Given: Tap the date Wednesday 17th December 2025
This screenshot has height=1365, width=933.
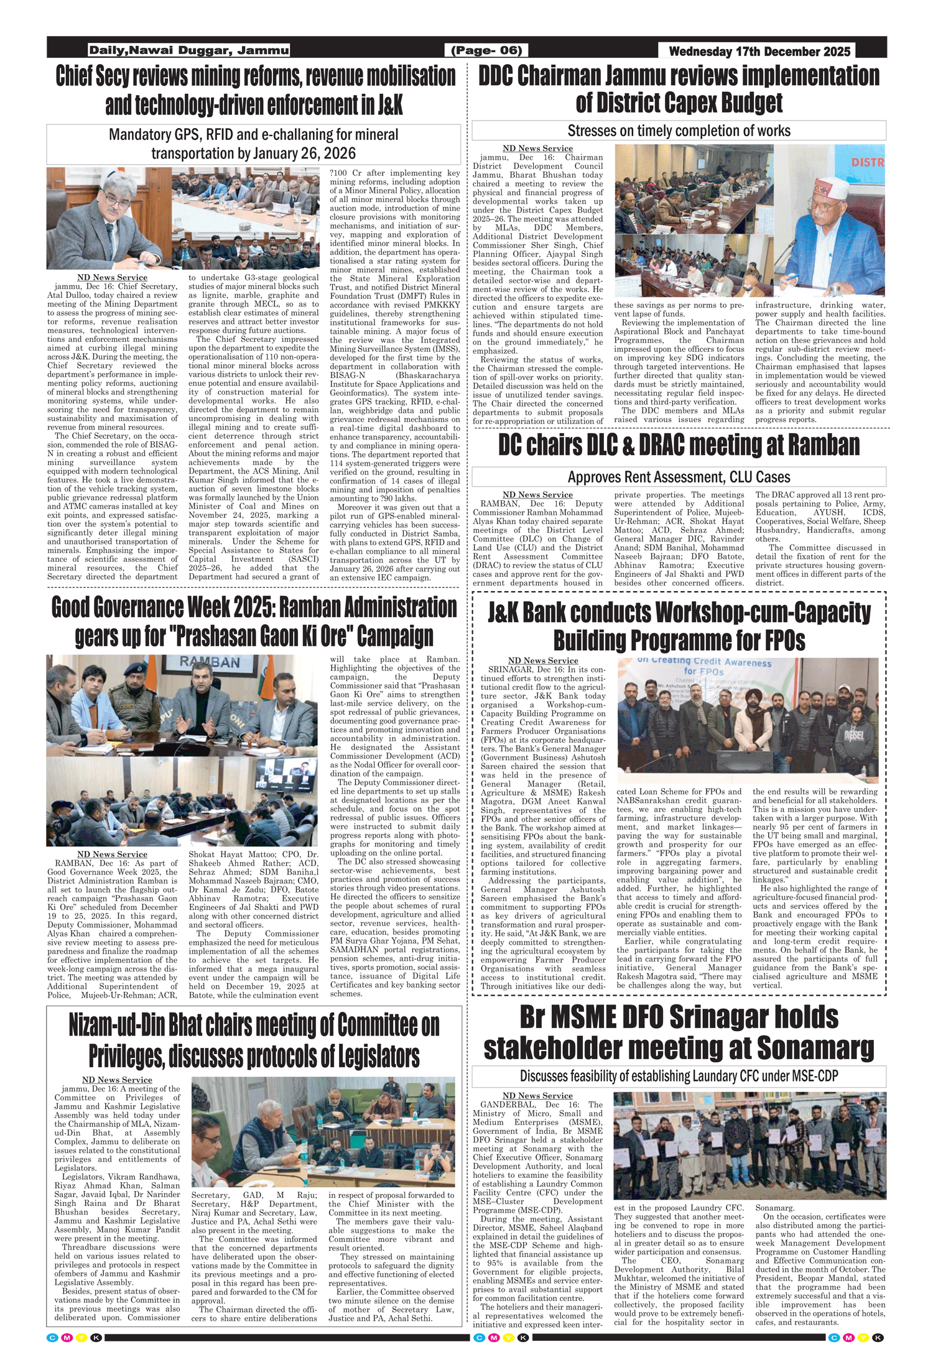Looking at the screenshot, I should (759, 51).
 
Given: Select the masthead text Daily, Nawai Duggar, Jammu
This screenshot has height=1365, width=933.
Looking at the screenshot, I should (188, 50).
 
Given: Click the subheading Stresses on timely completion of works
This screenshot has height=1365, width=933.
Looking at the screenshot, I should (679, 131).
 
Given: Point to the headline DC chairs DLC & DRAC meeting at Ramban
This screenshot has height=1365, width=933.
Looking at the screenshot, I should (679, 445).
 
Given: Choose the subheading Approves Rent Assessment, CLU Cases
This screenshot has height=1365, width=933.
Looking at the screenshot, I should (679, 477).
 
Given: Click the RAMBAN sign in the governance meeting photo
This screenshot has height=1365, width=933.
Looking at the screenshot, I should (210, 662).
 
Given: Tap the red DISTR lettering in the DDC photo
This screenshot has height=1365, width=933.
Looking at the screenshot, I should (867, 162).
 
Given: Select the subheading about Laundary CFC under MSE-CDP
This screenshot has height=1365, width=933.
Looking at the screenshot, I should (679, 1076).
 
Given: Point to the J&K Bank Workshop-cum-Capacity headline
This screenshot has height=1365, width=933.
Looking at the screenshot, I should (679, 626).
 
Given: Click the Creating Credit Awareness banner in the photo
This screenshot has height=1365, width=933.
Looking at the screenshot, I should (703, 666).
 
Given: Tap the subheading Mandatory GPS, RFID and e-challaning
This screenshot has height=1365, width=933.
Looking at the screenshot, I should (253, 144).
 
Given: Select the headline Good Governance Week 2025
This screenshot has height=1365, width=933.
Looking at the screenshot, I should (254, 621).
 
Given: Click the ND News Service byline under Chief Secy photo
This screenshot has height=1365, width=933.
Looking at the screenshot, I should (113, 277).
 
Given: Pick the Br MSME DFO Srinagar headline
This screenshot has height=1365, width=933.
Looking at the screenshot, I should (679, 1032).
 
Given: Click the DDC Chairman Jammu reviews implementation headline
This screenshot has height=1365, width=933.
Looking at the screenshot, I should (679, 89).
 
